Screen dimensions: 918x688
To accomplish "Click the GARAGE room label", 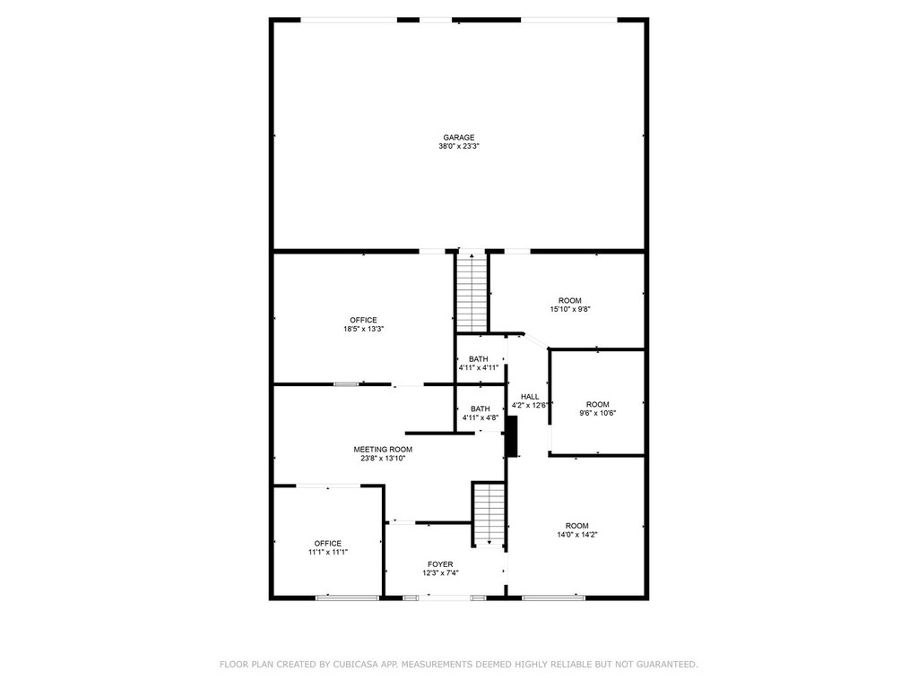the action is click(x=458, y=137).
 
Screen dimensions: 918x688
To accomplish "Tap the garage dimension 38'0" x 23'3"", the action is click(x=459, y=146).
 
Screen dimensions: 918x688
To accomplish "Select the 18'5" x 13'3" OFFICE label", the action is click(x=364, y=320).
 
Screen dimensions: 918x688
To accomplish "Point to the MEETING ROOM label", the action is click(x=383, y=450).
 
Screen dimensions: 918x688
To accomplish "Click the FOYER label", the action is click(x=440, y=564).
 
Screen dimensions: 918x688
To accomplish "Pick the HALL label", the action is click(x=530, y=396).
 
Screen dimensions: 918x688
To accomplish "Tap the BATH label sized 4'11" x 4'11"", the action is click(x=479, y=358).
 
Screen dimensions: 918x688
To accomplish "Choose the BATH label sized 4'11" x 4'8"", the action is click(x=481, y=408).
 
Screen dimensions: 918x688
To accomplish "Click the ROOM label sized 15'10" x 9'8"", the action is click(x=570, y=300).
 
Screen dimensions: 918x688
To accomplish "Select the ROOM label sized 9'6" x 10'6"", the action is click(x=598, y=404).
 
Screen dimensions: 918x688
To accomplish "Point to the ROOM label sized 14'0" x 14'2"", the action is click(x=577, y=525).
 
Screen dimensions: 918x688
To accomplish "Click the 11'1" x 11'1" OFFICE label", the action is click(x=328, y=543).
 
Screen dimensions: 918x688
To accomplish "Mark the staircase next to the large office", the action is click(x=472, y=292).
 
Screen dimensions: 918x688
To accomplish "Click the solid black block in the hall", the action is click(x=512, y=436).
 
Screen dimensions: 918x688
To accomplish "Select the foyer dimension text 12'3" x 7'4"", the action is click(x=440, y=572).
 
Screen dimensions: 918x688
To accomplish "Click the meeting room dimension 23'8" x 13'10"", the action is click(x=383, y=458).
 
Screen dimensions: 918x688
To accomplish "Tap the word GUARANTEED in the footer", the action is click(x=667, y=664).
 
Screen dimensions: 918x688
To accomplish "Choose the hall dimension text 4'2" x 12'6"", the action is click(x=531, y=405).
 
